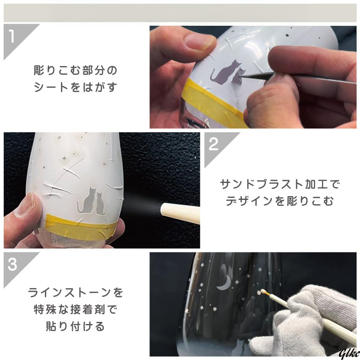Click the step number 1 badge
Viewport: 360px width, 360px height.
pyautogui.click(x=14, y=38)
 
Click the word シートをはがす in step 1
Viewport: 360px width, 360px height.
pyautogui.click(x=75, y=87)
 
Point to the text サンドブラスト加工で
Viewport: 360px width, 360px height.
pyautogui.click(x=280, y=184)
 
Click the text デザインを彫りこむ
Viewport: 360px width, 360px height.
pyautogui.click(x=280, y=201)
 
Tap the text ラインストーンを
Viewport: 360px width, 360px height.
pyautogui.click(x=75, y=293)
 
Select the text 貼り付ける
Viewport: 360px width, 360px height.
pyautogui.click(x=75, y=326)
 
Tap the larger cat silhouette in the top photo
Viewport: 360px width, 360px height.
pyautogui.click(x=224, y=72)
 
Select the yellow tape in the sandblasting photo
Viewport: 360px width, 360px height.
pyautogui.click(x=80, y=226)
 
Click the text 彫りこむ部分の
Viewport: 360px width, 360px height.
pyautogui.click(x=75, y=70)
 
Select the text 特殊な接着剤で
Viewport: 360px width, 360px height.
pyautogui.click(x=75, y=310)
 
